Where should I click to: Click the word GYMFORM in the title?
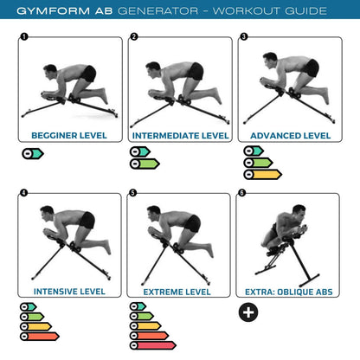(62, 11)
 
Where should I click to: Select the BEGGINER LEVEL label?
(68, 135)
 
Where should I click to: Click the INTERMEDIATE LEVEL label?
(179, 135)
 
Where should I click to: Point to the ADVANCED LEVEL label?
(290, 135)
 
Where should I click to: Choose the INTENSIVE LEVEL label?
(68, 292)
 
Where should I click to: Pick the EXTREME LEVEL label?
(179, 292)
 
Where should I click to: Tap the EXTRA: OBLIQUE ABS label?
(290, 292)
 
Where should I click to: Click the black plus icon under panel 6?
(247, 312)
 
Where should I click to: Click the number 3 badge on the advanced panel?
(243, 37)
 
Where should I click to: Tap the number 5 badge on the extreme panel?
(132, 194)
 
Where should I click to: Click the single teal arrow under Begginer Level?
(31, 153)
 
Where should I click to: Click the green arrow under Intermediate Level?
(145, 163)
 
